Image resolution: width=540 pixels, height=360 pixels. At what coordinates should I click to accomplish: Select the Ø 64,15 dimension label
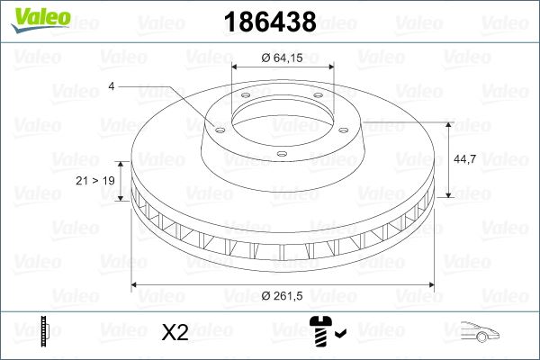tap(282, 58)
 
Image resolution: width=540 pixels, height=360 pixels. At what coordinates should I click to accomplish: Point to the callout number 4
tap(112, 86)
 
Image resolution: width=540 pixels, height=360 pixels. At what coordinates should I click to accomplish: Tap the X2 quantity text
tap(174, 332)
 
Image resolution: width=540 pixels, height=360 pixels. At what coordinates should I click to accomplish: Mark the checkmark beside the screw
tap(340, 336)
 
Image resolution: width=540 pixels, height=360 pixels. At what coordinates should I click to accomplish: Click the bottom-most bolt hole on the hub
tap(281, 155)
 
